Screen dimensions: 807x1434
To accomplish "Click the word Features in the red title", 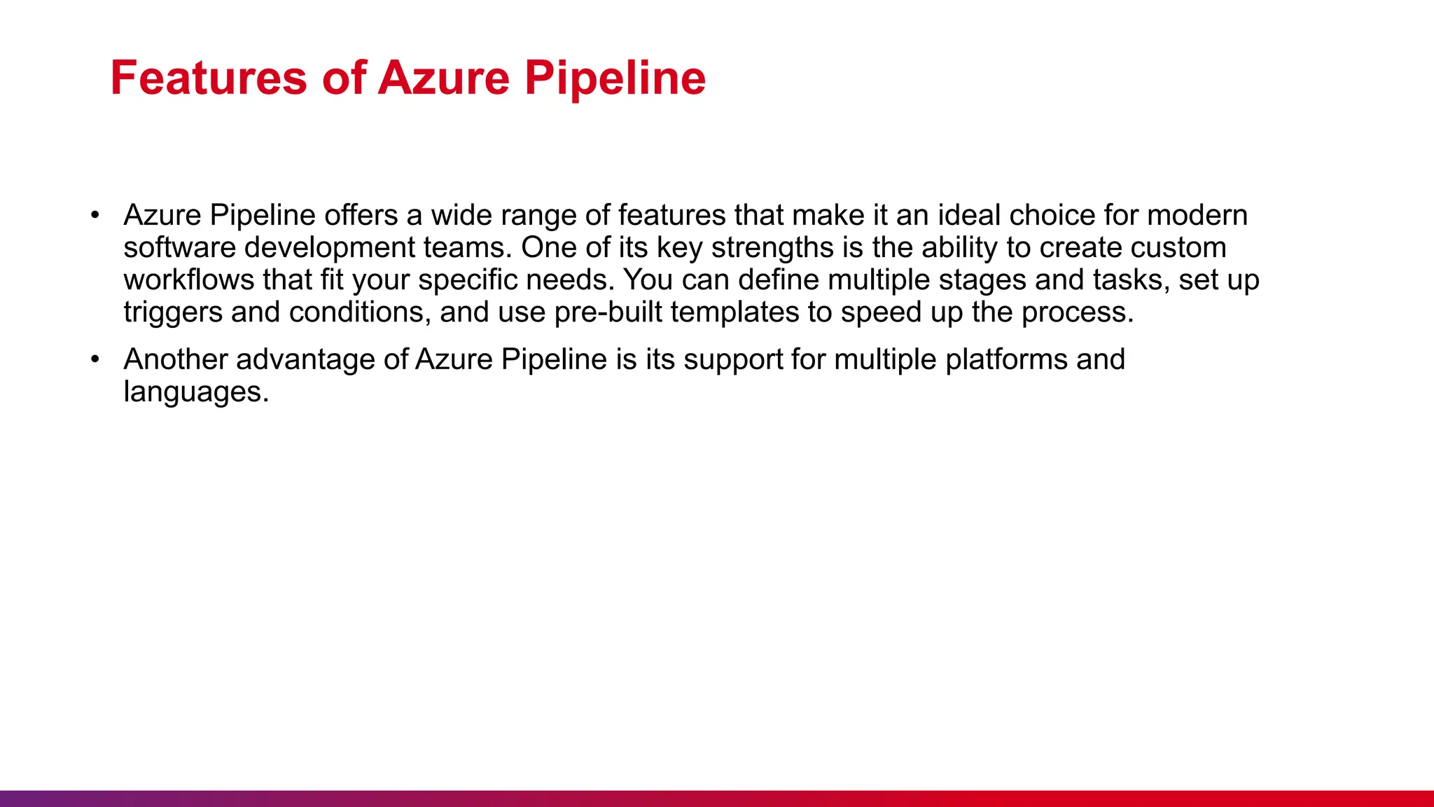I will click(x=208, y=78).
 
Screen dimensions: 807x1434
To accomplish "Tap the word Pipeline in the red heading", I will click(x=615, y=78).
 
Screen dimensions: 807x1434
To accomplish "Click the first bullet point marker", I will click(x=95, y=215).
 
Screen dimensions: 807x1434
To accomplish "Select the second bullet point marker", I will click(x=95, y=359).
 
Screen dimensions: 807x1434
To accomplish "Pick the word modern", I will click(x=1197, y=215).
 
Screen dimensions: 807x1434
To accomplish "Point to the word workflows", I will click(x=188, y=280).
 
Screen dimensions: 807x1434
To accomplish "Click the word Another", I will click(x=175, y=359).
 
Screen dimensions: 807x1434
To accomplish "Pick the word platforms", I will click(x=1006, y=360).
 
